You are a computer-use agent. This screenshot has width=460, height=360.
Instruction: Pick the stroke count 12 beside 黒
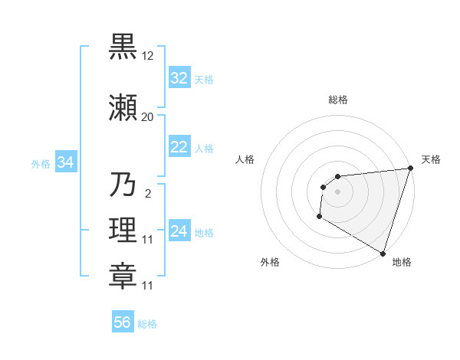[x=148, y=56]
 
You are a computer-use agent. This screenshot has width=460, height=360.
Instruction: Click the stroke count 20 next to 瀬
[x=148, y=117]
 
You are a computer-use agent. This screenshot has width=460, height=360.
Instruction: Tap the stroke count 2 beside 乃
[x=147, y=194]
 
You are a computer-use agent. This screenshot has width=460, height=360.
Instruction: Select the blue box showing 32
[x=179, y=78]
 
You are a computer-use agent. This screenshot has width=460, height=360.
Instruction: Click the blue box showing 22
[x=179, y=147]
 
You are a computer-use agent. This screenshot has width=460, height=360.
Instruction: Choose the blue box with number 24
[x=179, y=231]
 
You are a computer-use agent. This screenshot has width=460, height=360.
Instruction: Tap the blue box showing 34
[x=65, y=162]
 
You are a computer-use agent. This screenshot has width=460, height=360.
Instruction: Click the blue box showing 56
[x=123, y=322]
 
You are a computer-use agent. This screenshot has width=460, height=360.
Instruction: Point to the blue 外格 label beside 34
[x=41, y=163]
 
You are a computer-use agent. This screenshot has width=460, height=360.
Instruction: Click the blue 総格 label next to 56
[x=147, y=324]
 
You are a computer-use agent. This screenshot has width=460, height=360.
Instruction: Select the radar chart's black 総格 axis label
[x=338, y=100]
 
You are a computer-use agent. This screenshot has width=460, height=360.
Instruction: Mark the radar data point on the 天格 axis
[x=411, y=169]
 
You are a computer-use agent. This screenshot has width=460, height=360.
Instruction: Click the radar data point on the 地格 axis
[x=383, y=253]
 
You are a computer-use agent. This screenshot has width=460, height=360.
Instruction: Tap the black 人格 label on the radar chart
[x=245, y=159]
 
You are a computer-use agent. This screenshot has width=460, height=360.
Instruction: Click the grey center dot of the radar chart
[x=338, y=191]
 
